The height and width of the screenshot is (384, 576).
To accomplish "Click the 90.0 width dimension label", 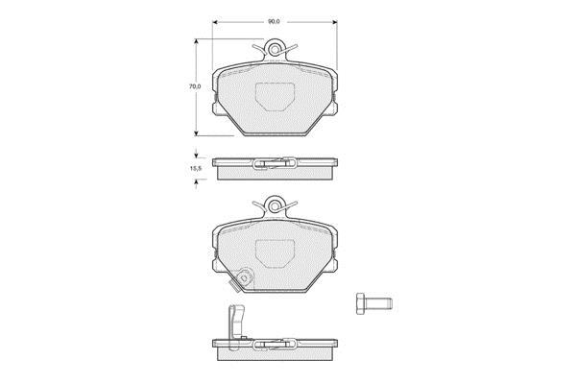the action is (x=274, y=22).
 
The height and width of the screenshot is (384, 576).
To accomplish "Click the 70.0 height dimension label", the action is (x=195, y=86).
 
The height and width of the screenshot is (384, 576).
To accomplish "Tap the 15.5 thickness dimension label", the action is (x=196, y=169).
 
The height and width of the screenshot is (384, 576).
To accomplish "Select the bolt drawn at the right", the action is (x=374, y=303).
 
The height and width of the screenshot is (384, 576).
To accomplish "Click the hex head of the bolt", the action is (x=360, y=303).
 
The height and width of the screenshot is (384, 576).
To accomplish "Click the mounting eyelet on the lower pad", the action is (x=274, y=205).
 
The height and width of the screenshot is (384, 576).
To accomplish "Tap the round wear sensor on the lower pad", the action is (x=244, y=277).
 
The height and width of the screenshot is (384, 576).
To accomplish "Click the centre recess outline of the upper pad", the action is (x=275, y=97).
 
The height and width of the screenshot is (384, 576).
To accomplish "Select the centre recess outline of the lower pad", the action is (x=275, y=253).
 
